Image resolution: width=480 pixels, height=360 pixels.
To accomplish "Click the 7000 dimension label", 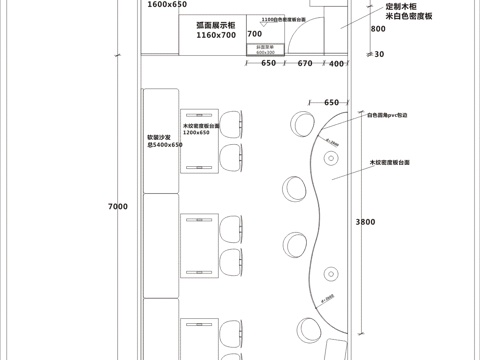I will [118, 207].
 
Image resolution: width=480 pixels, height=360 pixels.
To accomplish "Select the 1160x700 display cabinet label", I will [216, 35].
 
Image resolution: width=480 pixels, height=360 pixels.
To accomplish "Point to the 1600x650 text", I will [167, 5].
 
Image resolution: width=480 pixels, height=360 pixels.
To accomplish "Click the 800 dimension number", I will [377, 29].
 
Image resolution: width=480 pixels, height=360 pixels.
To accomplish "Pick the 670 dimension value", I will [305, 63].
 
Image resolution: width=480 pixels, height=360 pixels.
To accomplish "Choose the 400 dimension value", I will [336, 63].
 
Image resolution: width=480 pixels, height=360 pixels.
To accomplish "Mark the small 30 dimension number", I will [379, 54].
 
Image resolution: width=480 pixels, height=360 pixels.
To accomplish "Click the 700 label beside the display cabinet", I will [254, 34].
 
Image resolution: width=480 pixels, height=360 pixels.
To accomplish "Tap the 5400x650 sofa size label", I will [165, 145].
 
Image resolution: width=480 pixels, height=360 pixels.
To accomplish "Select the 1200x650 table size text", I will [196, 132].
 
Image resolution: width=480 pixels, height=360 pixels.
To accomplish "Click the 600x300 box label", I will [265, 51].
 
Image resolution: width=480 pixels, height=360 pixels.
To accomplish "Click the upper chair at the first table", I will [231, 124].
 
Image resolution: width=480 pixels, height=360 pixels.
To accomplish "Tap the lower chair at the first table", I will [231, 155].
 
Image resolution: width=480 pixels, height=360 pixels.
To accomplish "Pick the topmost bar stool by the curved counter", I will [297, 122].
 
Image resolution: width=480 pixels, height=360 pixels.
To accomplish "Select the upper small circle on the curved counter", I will [330, 156].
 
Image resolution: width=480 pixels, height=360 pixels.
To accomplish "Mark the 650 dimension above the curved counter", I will [332, 102].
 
